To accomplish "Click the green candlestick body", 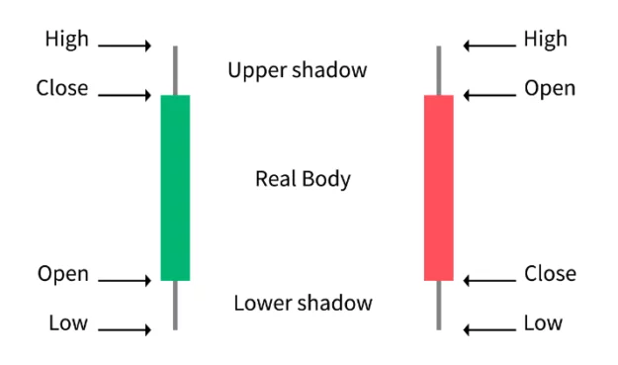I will pos(175,188).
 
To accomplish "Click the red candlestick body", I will pos(438,188).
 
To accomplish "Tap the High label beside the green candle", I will pos(66,40).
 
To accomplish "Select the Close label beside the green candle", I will pos(61,88).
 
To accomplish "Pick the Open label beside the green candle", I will pos(63,274).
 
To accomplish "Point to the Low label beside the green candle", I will pos(68,322).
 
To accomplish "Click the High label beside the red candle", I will pos(546,40).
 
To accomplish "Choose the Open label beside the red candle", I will pos(550,88).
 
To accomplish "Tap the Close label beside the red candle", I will pos(550,274).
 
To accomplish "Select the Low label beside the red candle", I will pos(543,322).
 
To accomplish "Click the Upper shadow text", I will pos(297,70).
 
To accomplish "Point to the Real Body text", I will pos(303,179).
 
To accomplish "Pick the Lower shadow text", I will pos(303,303).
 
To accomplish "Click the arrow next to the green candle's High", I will pos(125,46).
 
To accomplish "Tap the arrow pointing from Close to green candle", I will pos(125,95).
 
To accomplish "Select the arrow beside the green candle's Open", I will pos(125,281).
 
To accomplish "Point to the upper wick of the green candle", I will pos(175,69).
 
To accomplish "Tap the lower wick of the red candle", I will pos(438,305).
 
